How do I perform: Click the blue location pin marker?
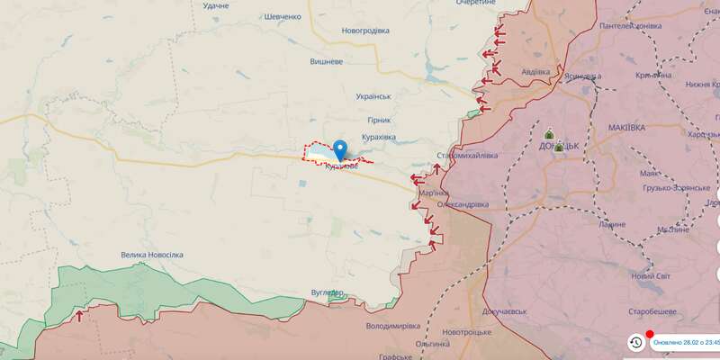click(x=340, y=149)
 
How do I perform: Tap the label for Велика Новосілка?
click(x=152, y=255)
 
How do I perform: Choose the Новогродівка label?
click(x=365, y=30)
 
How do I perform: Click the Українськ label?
click(x=373, y=96)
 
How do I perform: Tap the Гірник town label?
click(x=379, y=120)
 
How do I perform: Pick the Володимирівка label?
click(x=393, y=326)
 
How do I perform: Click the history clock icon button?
click(x=635, y=342)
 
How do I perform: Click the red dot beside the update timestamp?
click(x=650, y=332)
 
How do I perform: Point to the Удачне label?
click(x=216, y=6)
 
